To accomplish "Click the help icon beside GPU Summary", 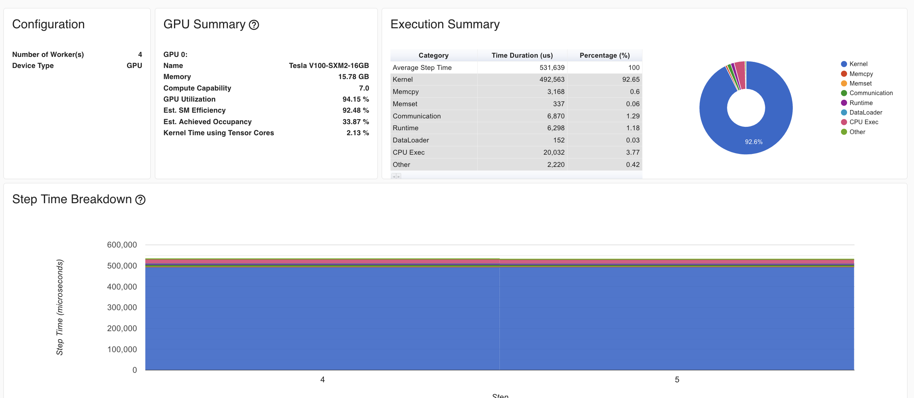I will (x=254, y=25).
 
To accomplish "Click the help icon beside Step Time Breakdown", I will (x=140, y=200).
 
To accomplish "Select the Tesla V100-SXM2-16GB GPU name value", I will (x=329, y=66).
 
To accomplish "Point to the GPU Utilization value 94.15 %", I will (x=355, y=99).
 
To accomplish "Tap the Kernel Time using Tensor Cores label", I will (x=218, y=133).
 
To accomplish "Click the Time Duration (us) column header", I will (x=522, y=55).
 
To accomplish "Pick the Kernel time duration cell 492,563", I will (x=552, y=79).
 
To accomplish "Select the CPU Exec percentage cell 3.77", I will (x=633, y=152).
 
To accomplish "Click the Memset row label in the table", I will (x=405, y=104).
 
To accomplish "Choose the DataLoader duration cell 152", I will (x=559, y=140).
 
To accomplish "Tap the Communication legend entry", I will (x=871, y=93).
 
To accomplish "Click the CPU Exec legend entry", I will (x=864, y=122).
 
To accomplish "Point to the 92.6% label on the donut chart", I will (x=753, y=142).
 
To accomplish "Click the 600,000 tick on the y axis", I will (x=122, y=245).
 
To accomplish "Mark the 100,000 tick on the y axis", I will (x=122, y=349).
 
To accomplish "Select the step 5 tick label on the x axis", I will (x=677, y=380).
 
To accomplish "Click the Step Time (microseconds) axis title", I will (x=60, y=307).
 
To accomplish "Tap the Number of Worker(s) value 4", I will (x=140, y=55).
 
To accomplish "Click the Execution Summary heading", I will (x=445, y=24).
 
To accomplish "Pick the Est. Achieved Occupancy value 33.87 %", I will (x=355, y=122).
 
